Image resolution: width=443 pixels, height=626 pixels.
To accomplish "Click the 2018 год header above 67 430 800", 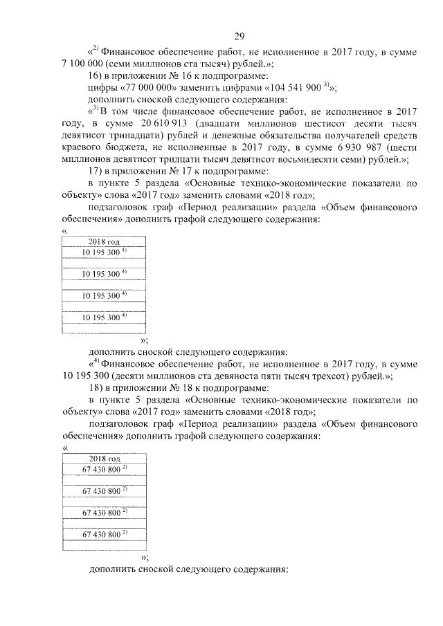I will click(x=104, y=459).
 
